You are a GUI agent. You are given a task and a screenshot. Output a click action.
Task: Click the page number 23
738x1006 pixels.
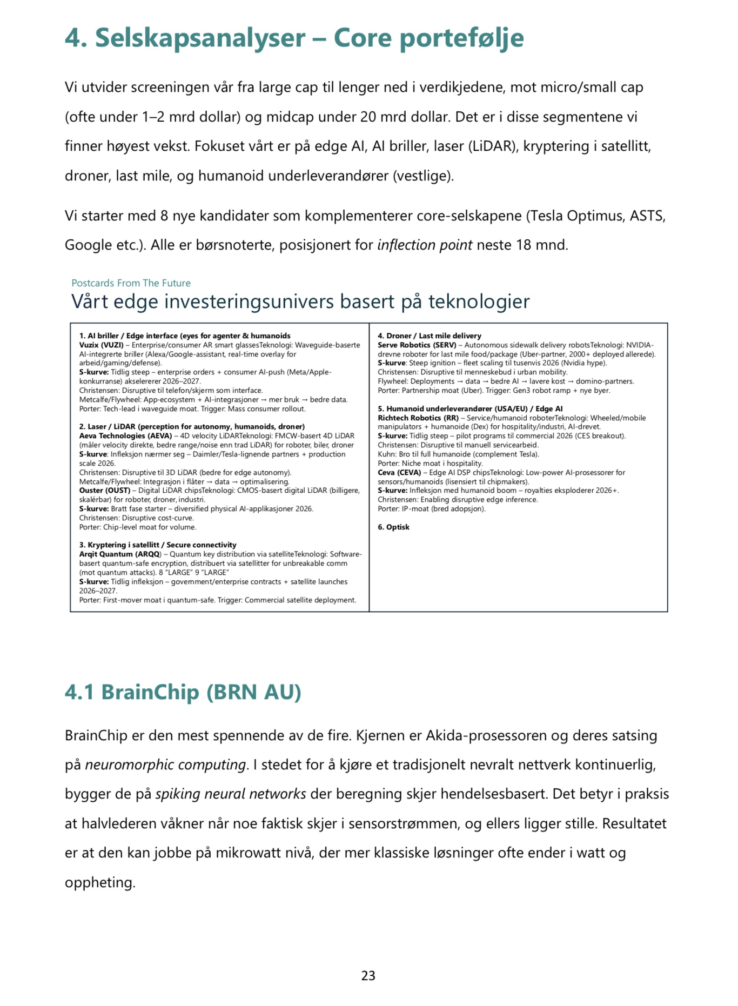pyautogui.click(x=368, y=975)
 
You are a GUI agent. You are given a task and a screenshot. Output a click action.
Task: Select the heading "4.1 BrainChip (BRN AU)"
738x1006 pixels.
pyautogui.click(x=183, y=692)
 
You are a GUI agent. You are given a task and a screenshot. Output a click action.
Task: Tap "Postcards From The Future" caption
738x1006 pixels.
pyautogui.click(x=131, y=283)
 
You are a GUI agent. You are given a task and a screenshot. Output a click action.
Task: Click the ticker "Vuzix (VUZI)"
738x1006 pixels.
pyautogui.click(x=101, y=345)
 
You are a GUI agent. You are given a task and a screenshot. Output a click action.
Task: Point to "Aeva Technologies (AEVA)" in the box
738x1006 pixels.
pyautogui.click(x=125, y=436)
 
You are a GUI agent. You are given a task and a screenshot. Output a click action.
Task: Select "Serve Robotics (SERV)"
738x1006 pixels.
pyautogui.click(x=417, y=345)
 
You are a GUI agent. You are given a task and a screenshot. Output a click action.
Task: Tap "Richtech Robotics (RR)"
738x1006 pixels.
pyautogui.click(x=418, y=418)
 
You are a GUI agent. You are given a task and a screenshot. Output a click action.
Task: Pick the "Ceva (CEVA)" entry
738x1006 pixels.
pyautogui.click(x=399, y=473)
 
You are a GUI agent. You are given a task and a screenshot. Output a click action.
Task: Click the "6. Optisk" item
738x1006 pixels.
pyautogui.click(x=393, y=527)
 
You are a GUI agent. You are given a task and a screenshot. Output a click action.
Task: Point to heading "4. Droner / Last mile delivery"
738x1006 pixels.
pyautogui.click(x=429, y=336)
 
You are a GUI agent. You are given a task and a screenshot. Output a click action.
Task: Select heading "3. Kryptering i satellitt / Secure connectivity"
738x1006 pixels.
pyautogui.click(x=158, y=545)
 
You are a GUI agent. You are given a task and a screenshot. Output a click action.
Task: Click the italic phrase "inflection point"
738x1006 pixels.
pyautogui.click(x=425, y=245)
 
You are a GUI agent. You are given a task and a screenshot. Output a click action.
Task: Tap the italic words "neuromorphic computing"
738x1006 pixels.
pyautogui.click(x=165, y=765)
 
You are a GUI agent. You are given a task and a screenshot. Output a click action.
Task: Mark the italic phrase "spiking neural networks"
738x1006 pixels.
pyautogui.click(x=231, y=794)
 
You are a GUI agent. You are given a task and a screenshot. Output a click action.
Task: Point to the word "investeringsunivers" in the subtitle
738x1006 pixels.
pyautogui.click(x=280, y=301)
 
